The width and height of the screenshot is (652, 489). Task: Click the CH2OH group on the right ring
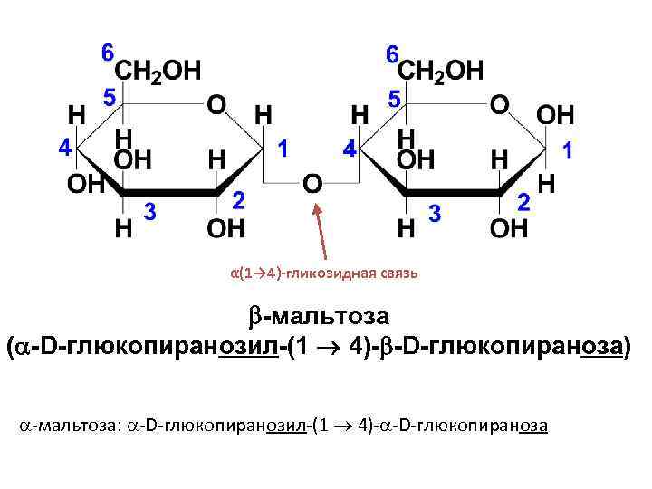tap(441, 71)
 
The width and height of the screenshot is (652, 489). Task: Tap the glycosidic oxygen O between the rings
tap(312, 183)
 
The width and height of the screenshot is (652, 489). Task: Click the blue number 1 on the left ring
tap(283, 148)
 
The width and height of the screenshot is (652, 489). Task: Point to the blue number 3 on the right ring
tap(435, 213)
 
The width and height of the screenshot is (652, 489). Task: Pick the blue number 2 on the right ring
tap(523, 202)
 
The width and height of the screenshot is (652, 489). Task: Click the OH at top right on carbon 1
tap(555, 115)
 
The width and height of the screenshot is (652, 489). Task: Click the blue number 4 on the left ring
tap(64, 148)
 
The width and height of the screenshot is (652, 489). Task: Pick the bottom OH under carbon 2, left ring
tap(225, 228)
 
